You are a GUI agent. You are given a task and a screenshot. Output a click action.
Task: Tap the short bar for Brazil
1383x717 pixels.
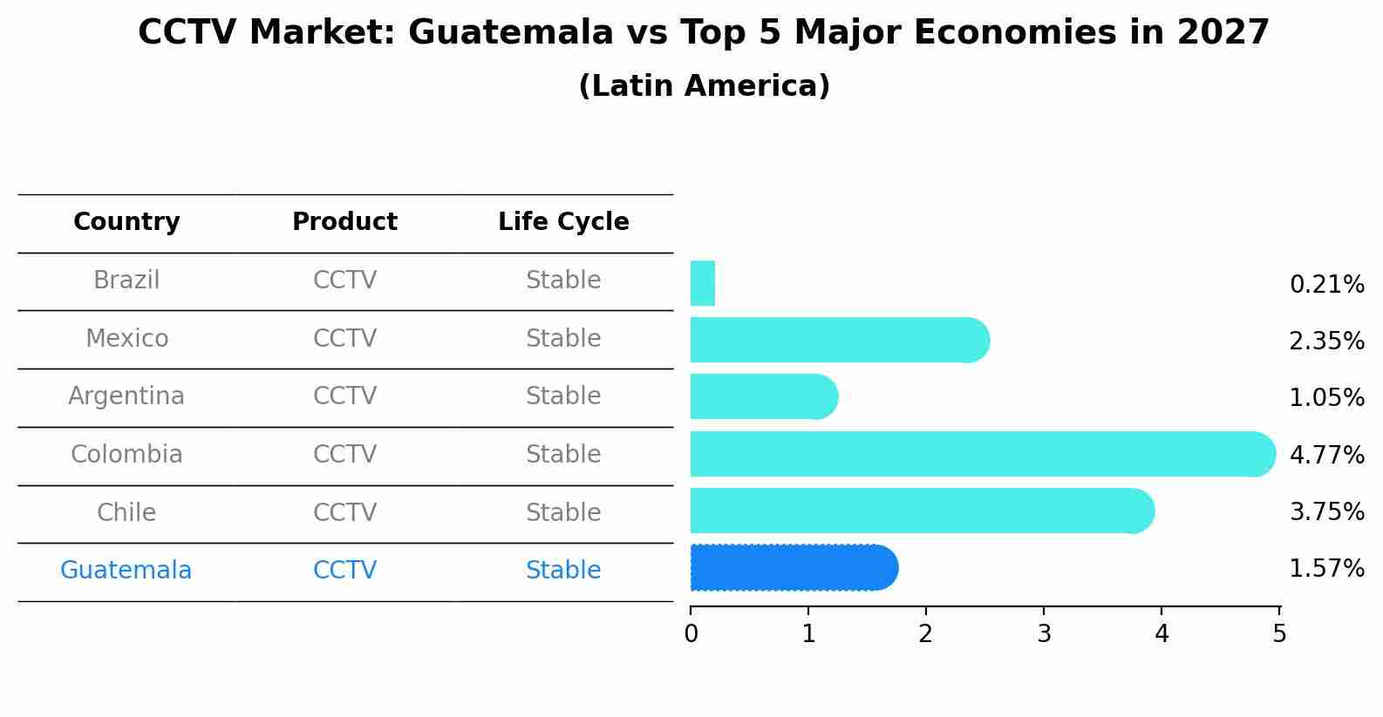tap(703, 283)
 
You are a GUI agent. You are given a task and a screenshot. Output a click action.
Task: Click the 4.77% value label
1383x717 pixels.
tap(1326, 455)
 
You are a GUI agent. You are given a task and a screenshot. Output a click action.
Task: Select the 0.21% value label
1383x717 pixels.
tap(1326, 285)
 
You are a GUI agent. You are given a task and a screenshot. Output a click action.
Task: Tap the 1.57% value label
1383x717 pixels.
tap(1326, 569)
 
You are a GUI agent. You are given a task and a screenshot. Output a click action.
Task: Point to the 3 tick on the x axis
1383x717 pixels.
tap(1044, 633)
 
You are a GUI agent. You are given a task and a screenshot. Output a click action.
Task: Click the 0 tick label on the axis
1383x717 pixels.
tap(691, 633)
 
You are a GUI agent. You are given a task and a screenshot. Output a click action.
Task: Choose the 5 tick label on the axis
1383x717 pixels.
tap(1279, 633)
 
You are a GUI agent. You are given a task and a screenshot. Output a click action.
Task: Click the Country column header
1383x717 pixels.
tap(126, 222)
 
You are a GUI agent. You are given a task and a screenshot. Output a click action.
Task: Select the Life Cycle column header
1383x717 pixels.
tap(563, 222)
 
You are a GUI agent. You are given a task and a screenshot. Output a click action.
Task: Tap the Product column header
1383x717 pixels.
tap(344, 222)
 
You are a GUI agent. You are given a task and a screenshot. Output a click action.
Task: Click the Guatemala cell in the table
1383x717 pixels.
tap(126, 571)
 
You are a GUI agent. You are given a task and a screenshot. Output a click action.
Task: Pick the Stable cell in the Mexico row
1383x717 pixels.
tap(563, 339)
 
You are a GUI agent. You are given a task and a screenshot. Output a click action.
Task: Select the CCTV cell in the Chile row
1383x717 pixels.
tap(344, 513)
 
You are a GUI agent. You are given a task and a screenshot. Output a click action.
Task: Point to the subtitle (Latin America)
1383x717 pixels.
tap(704, 86)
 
